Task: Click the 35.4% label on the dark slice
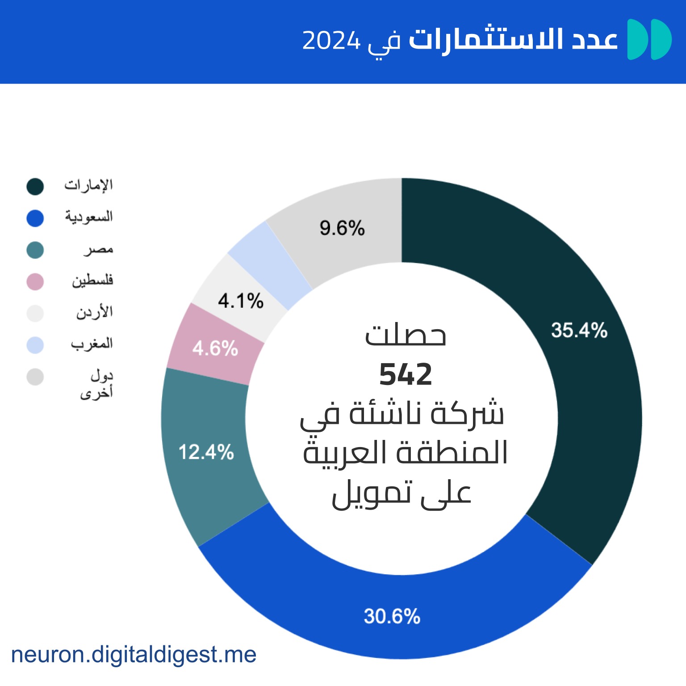(579, 330)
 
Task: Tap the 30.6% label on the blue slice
(392, 616)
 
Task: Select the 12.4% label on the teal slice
(206, 452)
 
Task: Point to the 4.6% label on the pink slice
(215, 348)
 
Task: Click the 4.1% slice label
(240, 301)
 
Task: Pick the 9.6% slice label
(342, 228)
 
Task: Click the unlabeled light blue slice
(269, 264)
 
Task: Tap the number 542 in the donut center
(406, 374)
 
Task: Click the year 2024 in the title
(331, 41)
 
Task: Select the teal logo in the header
(649, 39)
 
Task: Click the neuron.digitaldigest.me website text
(134, 655)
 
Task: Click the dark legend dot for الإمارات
(35, 187)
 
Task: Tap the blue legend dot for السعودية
(35, 218)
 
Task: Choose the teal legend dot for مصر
(35, 250)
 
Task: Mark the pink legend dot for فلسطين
(35, 282)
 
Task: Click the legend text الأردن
(94, 312)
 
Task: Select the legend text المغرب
(92, 344)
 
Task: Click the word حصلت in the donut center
(406, 335)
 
